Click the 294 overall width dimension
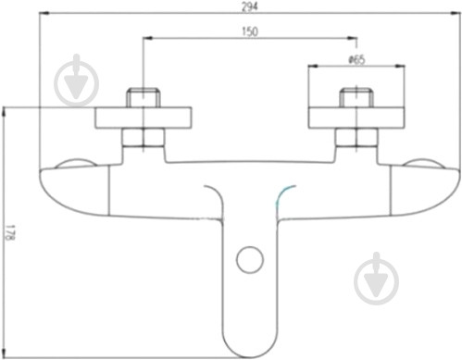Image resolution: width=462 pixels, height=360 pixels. tap(249, 6)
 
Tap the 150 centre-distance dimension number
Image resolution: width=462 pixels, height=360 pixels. tap(250, 31)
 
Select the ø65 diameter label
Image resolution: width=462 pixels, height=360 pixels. tap(356, 59)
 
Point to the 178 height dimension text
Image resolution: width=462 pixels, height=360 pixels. tap(10, 232)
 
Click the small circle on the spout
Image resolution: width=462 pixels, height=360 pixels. tap(250, 259)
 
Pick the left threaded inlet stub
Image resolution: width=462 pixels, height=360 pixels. tap(144, 98)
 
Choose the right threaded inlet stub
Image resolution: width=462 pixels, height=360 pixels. tap(356, 98)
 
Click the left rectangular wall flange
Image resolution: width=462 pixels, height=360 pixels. tap(144, 118)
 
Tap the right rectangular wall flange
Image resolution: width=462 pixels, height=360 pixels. tap(356, 118)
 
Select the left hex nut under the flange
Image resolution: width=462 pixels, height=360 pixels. tap(144, 137)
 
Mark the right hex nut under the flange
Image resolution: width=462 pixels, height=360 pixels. tap(356, 137)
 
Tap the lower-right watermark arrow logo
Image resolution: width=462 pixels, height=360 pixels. tap(376, 279)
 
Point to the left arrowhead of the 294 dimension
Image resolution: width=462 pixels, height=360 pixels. tap(44, 13)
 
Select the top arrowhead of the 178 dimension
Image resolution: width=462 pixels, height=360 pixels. tap(4, 112)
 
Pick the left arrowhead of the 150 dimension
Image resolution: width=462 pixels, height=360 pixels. tap(148, 38)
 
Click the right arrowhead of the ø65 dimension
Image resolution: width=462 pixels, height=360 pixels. tap(400, 66)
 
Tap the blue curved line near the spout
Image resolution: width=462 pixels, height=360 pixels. tap(283, 195)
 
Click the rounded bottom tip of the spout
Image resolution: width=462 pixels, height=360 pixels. tap(250, 357)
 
